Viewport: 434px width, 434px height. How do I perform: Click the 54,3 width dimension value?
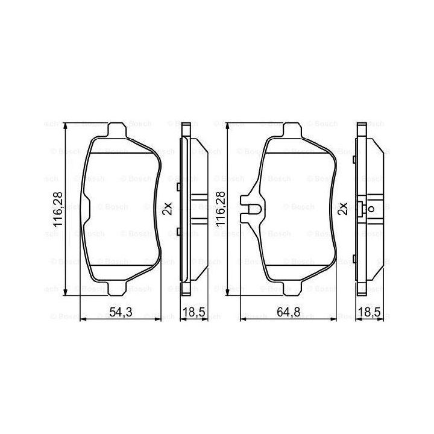pos(121,312)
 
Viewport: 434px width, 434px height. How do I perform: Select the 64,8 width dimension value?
pos(288,312)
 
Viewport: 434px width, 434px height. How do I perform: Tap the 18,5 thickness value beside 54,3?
pos(194,312)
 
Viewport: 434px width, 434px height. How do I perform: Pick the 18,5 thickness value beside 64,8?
pos(370,312)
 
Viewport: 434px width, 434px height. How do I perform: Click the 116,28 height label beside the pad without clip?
pos(58,210)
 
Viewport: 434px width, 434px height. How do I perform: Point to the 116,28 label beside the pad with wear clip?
pos(221,210)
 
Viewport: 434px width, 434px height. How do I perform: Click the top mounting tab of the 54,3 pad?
pos(117,130)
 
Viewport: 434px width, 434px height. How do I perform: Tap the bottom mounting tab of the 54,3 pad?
pos(117,289)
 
